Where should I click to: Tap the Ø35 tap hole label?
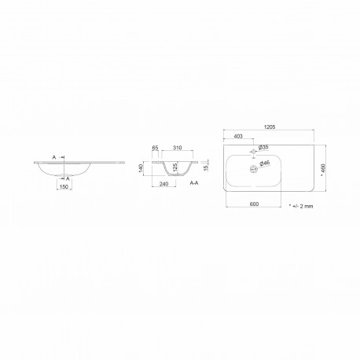coord(264,148)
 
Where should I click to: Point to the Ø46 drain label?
coord(265,163)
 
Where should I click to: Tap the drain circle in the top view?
coord(253,167)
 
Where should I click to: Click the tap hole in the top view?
coord(253,152)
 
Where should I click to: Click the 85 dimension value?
coord(157,147)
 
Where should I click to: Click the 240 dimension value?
coord(163,183)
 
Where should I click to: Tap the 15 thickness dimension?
coord(206,167)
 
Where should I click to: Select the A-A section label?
coord(193,182)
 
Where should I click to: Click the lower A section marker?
coord(68,178)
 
